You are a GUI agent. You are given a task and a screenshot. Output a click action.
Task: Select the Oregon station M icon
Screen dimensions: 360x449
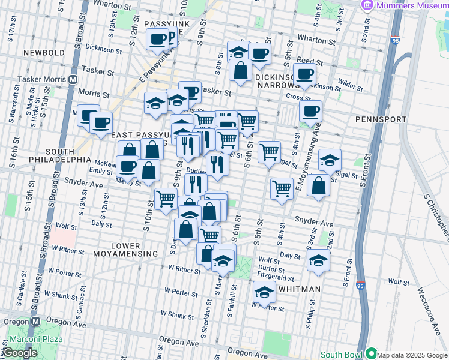[x=35, y=321]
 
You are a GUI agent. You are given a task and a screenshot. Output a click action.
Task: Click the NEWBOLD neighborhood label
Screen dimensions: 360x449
[x=44, y=53]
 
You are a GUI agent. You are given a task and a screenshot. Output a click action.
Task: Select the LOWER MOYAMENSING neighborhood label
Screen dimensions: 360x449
[x=125, y=250]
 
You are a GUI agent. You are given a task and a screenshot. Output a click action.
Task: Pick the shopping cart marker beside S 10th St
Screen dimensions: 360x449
[x=166, y=199]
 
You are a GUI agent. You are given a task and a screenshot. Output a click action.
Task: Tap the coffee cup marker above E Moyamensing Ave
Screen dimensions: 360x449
[x=310, y=111]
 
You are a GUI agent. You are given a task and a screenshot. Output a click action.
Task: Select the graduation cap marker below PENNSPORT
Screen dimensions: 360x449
[x=330, y=160]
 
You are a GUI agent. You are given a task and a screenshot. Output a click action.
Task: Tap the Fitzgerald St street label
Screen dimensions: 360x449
[x=275, y=278]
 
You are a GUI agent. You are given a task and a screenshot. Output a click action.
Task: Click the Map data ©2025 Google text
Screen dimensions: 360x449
[x=412, y=355]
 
